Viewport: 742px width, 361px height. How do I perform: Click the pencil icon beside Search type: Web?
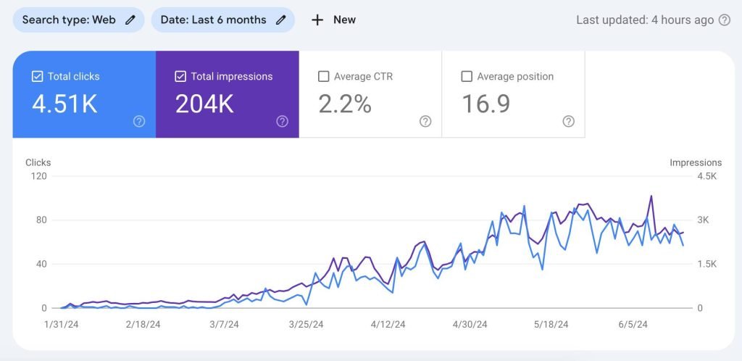(130, 20)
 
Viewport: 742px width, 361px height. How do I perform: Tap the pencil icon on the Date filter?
(280, 20)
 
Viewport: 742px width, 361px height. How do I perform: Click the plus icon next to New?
(317, 20)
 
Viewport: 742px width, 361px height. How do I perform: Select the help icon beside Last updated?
(724, 20)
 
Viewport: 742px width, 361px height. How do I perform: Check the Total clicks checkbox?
(38, 76)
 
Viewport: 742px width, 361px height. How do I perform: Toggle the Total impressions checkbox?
(181, 76)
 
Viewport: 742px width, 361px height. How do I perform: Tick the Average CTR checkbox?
(324, 76)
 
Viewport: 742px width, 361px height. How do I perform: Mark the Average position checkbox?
(467, 76)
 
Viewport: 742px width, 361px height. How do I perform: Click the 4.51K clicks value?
(64, 104)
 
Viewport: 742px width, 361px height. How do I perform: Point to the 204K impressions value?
(204, 104)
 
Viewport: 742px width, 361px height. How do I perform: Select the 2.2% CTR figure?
(345, 104)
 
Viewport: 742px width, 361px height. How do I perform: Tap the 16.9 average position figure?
(485, 104)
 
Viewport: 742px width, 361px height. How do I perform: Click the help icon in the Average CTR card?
(425, 121)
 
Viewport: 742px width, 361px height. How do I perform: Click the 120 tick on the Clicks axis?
(38, 176)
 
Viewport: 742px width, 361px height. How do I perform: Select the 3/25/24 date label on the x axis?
(306, 325)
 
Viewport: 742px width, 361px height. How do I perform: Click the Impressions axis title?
(696, 162)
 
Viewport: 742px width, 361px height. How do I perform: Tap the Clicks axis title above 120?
(38, 162)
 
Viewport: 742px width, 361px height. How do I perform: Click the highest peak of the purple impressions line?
(651, 196)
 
